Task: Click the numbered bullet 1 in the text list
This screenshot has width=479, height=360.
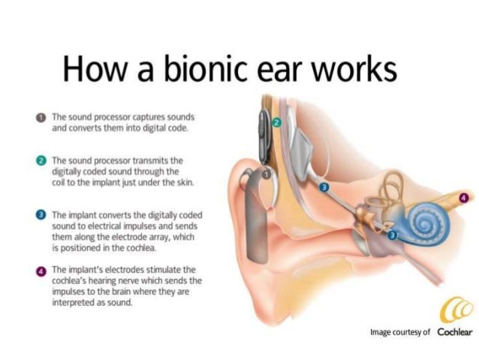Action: pos(43,118)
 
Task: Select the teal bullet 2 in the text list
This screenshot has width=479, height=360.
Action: pos(43,161)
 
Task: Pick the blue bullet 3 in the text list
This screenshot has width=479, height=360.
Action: pos(43,215)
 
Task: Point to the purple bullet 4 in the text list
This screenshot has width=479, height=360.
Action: pos(43,269)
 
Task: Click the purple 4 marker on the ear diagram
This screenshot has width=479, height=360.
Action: pos(462,198)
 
